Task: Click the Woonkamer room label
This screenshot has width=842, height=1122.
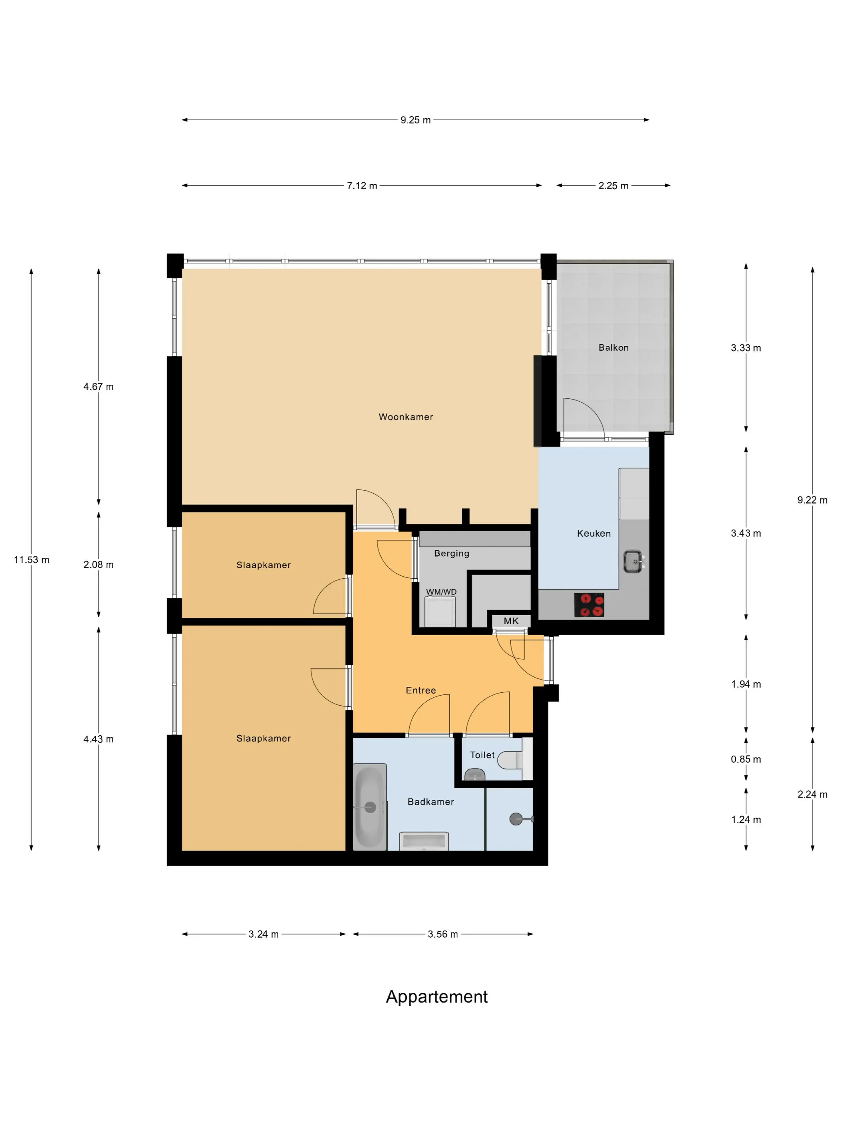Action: [x=405, y=417]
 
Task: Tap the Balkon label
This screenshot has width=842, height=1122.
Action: [x=613, y=347]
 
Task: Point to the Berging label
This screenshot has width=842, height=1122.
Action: [x=451, y=553]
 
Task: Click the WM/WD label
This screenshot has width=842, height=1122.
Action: [x=441, y=592]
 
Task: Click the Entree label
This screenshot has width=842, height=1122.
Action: [x=421, y=690]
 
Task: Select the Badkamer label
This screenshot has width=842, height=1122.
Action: [x=430, y=801]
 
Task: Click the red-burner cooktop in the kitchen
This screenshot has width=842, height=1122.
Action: [x=589, y=605]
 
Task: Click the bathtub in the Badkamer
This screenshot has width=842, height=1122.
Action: [x=370, y=807]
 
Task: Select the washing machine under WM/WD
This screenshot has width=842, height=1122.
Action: [x=440, y=612]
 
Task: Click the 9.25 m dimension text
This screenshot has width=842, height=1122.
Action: [x=415, y=120]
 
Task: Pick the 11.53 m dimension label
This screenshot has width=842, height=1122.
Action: [x=31, y=560]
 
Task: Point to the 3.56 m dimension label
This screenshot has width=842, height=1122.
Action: [x=443, y=934]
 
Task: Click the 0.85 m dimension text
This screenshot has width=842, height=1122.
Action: [x=745, y=759]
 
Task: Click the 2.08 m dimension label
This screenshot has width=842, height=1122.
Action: [x=99, y=565]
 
